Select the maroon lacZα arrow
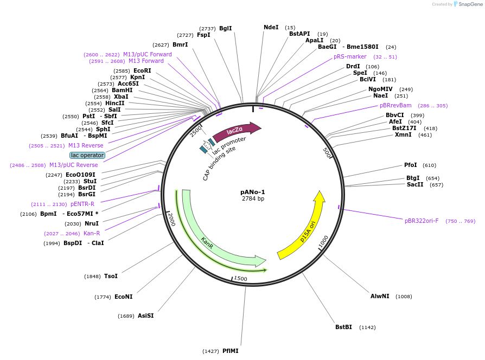pyautogui.click(x=237, y=131)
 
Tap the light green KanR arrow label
pyautogui.click(x=207, y=242)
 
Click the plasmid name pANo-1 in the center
pyautogui.click(x=253, y=192)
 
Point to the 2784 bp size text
pyautogui.click(x=253, y=198)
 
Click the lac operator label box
pyautogui.click(x=87, y=155)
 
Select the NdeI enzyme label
pyautogui.click(x=271, y=27)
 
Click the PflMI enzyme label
pyautogui.click(x=231, y=351)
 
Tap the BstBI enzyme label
pyautogui.click(x=343, y=327)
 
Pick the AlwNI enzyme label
pyautogui.click(x=380, y=296)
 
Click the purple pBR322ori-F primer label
pyautogui.click(x=422, y=221)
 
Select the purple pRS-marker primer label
pyautogui.click(x=350, y=56)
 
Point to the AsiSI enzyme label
pyautogui.click(x=146, y=316)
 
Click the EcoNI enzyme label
pyautogui.click(x=123, y=297)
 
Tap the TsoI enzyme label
pyautogui.click(x=111, y=276)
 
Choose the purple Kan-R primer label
pyautogui.click(x=92, y=233)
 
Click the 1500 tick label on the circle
pyautogui.click(x=240, y=279)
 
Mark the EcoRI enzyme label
pyautogui.click(x=142, y=70)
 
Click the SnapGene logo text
pyautogui.click(x=470, y=4)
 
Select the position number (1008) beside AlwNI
pyautogui.click(x=404, y=297)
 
